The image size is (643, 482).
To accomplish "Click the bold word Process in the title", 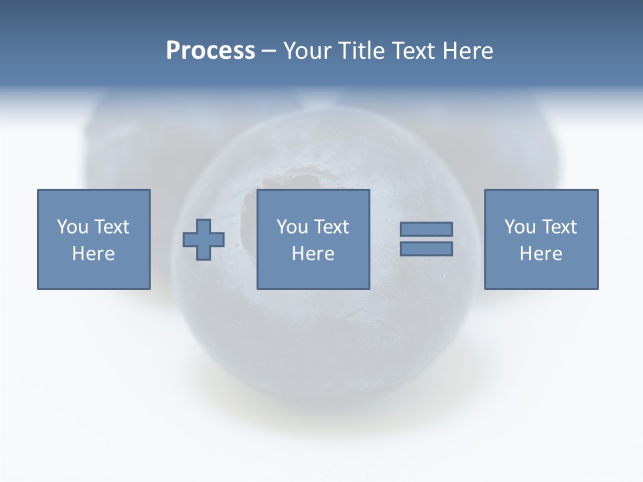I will point(210,51).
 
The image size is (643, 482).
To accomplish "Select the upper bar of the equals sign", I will point(426,230).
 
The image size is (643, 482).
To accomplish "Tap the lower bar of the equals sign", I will point(426,249).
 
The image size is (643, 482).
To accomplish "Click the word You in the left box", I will point(71,227).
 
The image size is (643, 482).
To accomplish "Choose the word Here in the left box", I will point(93,254).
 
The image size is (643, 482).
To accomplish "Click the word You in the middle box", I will point(291,227).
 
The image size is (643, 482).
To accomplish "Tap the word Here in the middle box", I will point(313,254).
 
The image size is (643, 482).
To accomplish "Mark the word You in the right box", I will point(519,227).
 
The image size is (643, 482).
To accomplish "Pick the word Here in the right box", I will point(541,254).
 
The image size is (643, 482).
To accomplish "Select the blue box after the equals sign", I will point(541,274).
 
